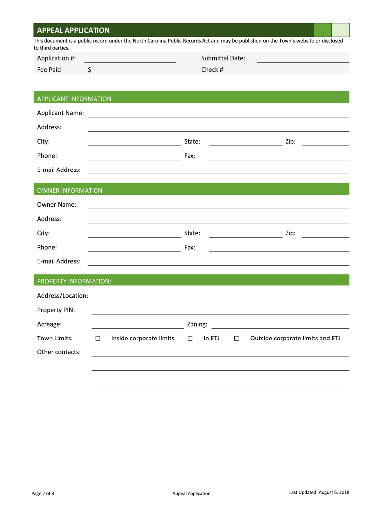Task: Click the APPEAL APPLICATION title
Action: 73,30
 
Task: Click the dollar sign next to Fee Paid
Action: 89,70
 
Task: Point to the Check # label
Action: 212,70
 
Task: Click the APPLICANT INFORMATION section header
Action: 74,99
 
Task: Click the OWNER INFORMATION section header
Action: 70,190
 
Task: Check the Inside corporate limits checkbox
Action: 98,339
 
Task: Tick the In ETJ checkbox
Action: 190,339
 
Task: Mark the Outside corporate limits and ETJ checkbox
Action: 237,339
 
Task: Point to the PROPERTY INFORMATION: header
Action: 74,281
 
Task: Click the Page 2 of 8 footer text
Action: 43,493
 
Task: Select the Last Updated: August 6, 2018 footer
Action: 319,492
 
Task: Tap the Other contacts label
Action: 59,352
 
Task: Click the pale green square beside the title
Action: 340,30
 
